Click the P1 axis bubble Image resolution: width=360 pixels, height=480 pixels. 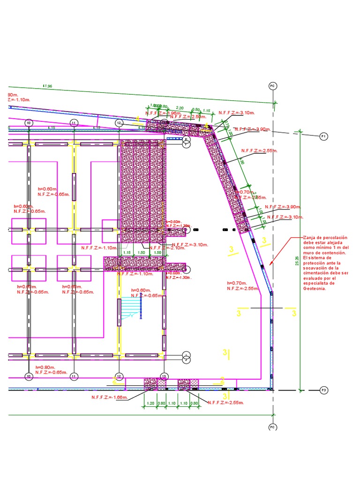[x=323, y=136]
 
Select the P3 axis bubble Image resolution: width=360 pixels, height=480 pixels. [x=323, y=390]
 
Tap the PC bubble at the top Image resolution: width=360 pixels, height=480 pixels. [x=273, y=86]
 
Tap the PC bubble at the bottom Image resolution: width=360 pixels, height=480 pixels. [x=273, y=427]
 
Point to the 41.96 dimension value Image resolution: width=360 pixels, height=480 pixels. [x=47, y=86]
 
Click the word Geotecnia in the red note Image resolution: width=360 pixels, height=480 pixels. [x=314, y=288]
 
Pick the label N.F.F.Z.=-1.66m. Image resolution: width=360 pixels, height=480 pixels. [x=110, y=397]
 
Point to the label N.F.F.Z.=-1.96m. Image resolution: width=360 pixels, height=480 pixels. [x=163, y=113]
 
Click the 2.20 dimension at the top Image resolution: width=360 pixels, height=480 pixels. [x=180, y=108]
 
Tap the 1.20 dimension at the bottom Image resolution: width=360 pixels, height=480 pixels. [x=150, y=403]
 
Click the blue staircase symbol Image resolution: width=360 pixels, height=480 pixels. [x=131, y=308]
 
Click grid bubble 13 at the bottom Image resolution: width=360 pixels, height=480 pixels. [x=164, y=376]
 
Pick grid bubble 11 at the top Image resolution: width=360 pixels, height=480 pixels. [x=74, y=123]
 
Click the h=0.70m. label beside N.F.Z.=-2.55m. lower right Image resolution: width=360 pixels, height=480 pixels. [x=236, y=283]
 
